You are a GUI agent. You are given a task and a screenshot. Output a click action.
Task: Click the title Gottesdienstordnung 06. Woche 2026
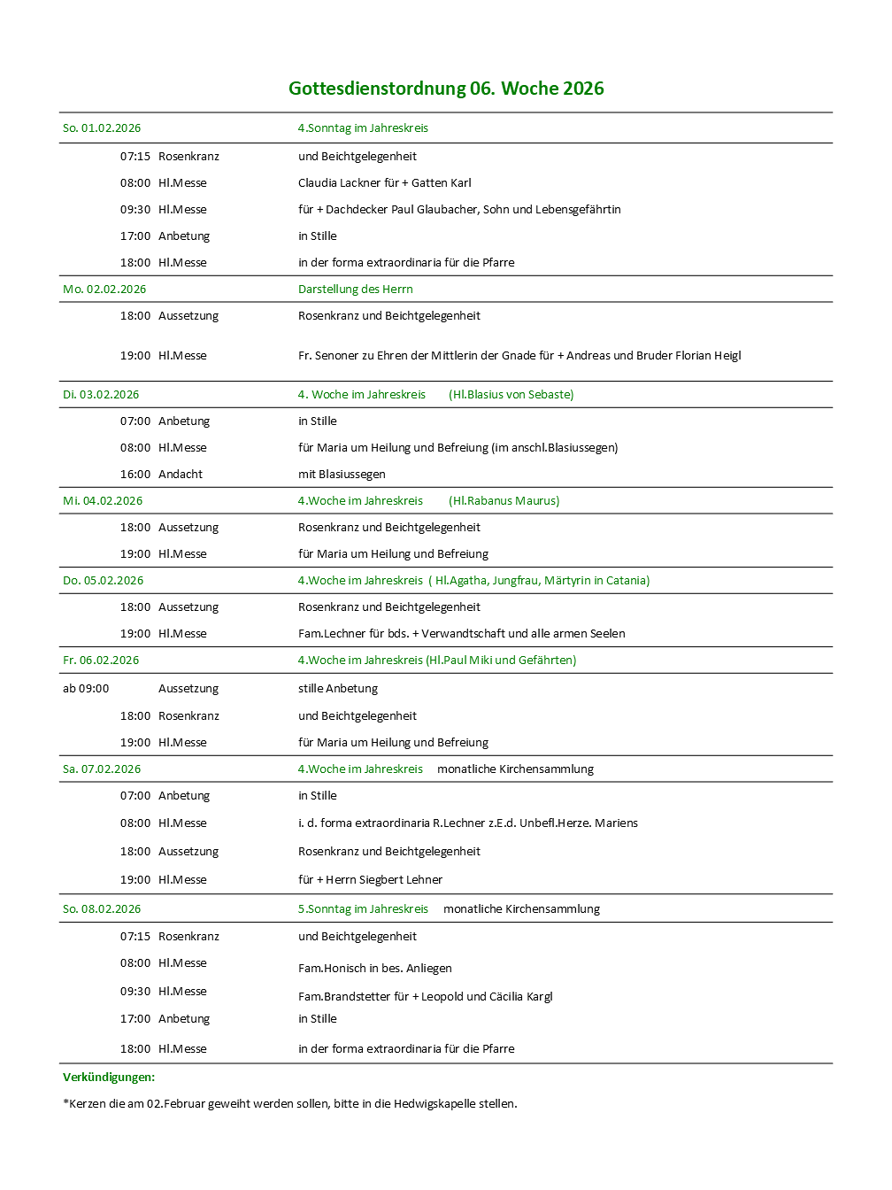[446, 89]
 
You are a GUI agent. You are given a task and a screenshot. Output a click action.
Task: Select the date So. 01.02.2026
[102, 128]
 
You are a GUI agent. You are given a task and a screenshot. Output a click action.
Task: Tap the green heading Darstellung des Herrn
[355, 290]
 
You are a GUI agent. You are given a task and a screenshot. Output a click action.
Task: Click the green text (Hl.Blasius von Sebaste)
[511, 395]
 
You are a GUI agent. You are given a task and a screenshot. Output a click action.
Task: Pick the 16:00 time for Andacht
[135, 475]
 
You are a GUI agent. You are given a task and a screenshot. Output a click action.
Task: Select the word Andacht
[181, 475]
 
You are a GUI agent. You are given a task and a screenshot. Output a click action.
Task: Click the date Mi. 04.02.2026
[103, 501]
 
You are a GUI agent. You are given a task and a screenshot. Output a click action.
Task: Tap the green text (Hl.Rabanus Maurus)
[504, 501]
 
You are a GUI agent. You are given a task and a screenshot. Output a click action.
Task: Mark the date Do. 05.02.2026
[103, 581]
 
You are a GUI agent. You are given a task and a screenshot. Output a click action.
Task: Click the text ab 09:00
[86, 689]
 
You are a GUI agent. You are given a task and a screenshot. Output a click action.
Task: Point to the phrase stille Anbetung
[338, 689]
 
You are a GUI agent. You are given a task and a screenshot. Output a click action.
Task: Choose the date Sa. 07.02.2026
[102, 769]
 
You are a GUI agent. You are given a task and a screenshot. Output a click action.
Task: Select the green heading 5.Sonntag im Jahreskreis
[363, 909]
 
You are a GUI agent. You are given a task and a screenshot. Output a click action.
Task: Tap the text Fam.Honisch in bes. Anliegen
[375, 969]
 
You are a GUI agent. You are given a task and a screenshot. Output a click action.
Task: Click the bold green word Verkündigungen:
[109, 1078]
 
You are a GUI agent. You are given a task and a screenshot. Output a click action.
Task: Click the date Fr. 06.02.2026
[101, 661]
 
